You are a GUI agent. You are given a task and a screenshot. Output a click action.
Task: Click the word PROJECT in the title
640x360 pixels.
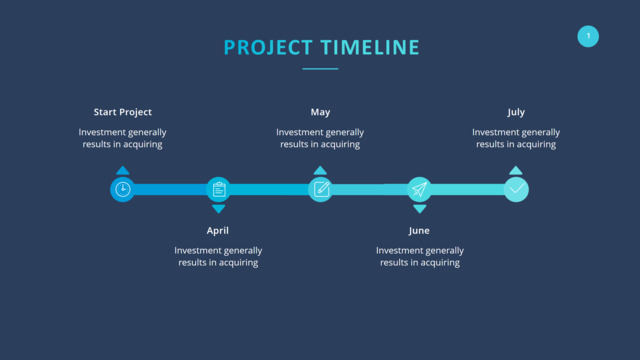(268, 47)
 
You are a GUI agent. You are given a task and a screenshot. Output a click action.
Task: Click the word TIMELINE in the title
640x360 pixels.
(370, 47)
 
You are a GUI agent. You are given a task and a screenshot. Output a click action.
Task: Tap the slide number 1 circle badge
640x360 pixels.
(588, 36)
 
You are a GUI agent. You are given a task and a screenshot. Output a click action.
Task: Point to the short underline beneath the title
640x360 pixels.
(320, 69)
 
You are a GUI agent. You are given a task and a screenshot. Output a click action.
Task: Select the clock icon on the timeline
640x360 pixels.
(123, 189)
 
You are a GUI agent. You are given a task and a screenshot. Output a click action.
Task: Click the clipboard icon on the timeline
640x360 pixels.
(219, 189)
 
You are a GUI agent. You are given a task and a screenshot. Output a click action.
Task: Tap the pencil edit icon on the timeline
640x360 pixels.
(321, 189)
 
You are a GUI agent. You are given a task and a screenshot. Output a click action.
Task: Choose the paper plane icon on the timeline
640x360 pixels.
(419, 189)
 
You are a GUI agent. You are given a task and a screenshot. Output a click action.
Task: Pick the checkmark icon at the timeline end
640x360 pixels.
(517, 189)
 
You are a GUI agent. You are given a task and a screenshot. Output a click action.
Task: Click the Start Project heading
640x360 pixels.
(122, 112)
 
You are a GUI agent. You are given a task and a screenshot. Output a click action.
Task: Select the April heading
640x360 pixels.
(218, 231)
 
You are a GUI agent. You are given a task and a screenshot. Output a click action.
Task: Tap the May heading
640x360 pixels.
(320, 112)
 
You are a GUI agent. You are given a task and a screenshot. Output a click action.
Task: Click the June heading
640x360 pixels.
(419, 231)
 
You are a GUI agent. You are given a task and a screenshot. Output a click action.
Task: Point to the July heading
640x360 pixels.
(516, 112)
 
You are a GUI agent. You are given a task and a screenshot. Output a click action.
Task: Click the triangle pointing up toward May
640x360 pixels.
(320, 170)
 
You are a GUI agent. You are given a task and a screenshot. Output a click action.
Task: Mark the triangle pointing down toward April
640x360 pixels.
(219, 209)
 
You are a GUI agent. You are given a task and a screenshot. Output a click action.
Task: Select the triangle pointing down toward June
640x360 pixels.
(420, 209)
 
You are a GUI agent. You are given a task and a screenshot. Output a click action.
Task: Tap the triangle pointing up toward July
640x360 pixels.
(516, 170)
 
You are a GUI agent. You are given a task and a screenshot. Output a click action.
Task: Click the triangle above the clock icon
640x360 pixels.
(122, 170)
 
